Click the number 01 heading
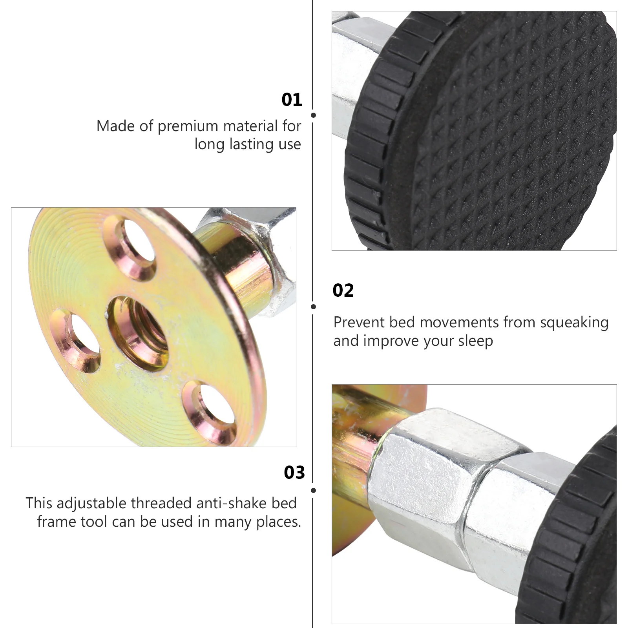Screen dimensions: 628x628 pyautogui.click(x=292, y=100)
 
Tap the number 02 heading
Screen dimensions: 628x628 pyautogui.click(x=343, y=290)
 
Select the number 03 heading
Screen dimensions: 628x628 pyautogui.click(x=294, y=473)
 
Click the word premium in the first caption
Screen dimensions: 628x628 pyautogui.click(x=190, y=127)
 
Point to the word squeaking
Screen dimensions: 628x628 pyautogui.click(x=574, y=323)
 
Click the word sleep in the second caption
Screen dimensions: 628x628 pyautogui.click(x=476, y=341)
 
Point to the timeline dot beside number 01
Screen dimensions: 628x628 pyautogui.click(x=313, y=115)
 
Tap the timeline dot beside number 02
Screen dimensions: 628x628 pyautogui.click(x=313, y=307)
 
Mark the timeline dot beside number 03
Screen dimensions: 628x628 pyautogui.click(x=313, y=490)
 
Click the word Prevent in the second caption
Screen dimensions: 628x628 pyautogui.click(x=359, y=323)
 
